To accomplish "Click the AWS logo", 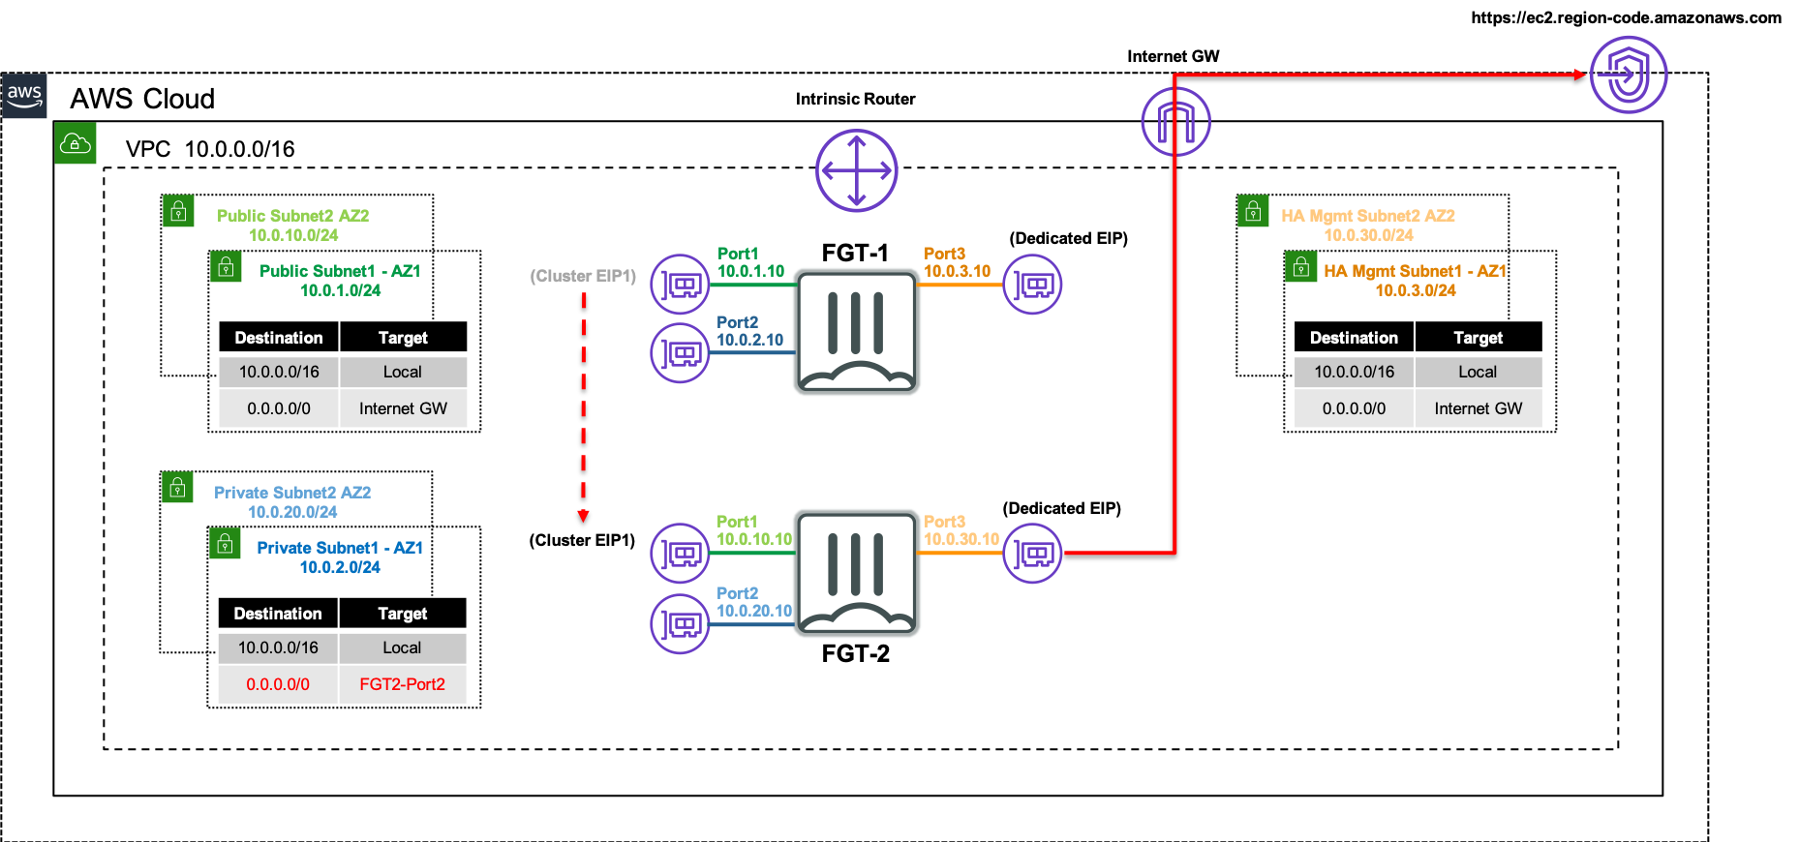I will coord(24,96).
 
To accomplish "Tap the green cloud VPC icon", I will coord(76,143).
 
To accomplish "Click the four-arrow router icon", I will coord(856,170).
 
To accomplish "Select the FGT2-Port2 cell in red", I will coord(402,684).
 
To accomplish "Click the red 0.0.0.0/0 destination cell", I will coord(278,684).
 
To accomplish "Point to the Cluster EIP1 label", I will coord(583,276).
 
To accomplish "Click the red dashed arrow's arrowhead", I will coord(583,516).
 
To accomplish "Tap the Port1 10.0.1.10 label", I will coord(750,262).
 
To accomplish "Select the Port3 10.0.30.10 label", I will coord(960,530).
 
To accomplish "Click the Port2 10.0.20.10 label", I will coord(753,602).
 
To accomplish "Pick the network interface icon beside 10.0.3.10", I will coord(1032,285).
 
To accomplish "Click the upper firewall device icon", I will coord(856,332).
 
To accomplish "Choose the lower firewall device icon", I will coord(856,573).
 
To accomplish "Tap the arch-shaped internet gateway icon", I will coord(1175,122).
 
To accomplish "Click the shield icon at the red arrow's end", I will coord(1629,75).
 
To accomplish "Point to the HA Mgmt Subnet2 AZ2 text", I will coord(1367,216).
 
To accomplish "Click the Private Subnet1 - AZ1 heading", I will coord(340,548).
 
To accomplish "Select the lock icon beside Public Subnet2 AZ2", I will coord(178,211).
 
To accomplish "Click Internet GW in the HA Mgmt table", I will coord(1478,408).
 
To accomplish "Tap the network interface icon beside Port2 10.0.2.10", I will coord(680,353).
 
